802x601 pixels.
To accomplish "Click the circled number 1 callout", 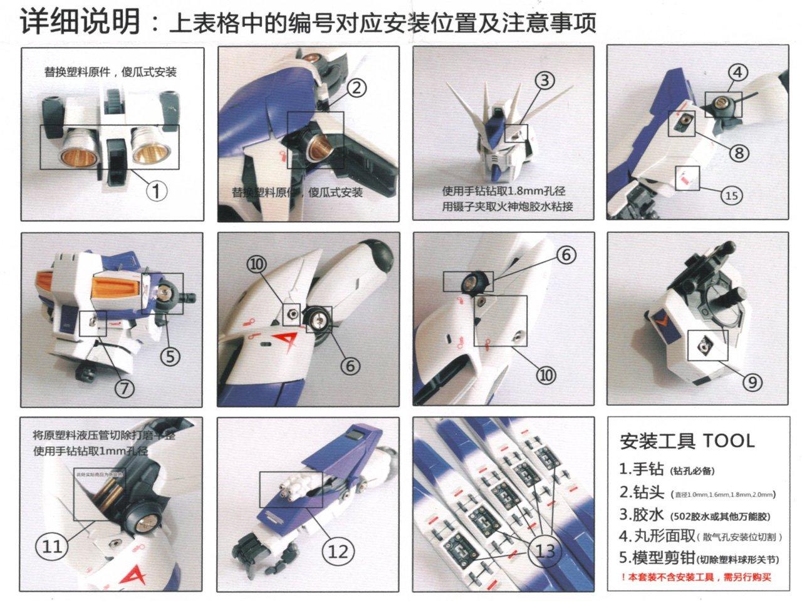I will tap(156, 190).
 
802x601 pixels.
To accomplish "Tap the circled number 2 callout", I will tap(355, 88).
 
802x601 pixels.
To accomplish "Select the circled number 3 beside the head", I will tap(545, 80).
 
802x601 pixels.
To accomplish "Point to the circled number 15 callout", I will tap(731, 195).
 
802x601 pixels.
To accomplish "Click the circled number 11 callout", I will tap(52, 546).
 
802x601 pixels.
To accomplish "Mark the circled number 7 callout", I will tap(124, 388).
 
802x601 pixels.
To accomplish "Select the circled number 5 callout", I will tap(170, 356).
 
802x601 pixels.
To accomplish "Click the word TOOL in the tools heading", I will tap(729, 440).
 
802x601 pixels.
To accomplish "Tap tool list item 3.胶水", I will tap(642, 515).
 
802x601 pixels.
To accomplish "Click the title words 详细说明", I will tap(80, 23).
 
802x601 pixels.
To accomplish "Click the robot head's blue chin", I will tap(497, 170).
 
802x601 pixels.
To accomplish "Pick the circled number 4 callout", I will tap(737, 72).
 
